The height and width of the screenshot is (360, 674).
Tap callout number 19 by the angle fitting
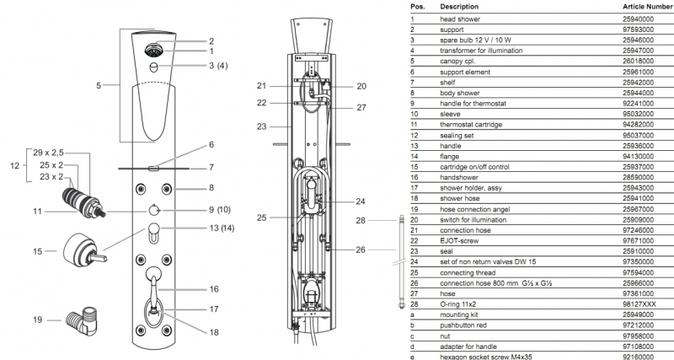pyautogui.click(x=37, y=320)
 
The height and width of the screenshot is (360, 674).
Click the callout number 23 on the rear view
pyautogui.click(x=262, y=127)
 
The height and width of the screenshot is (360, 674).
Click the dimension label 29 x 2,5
pyautogui.click(x=50, y=153)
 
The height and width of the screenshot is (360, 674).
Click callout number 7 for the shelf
pyautogui.click(x=211, y=167)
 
